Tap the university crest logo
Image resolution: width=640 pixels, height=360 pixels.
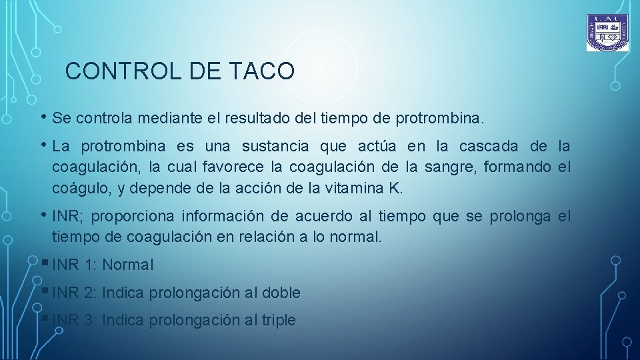607,33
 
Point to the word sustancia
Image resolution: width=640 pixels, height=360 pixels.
275,146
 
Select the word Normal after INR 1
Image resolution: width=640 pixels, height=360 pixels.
128,265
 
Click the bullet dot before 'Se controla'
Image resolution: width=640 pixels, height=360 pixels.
44,117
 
